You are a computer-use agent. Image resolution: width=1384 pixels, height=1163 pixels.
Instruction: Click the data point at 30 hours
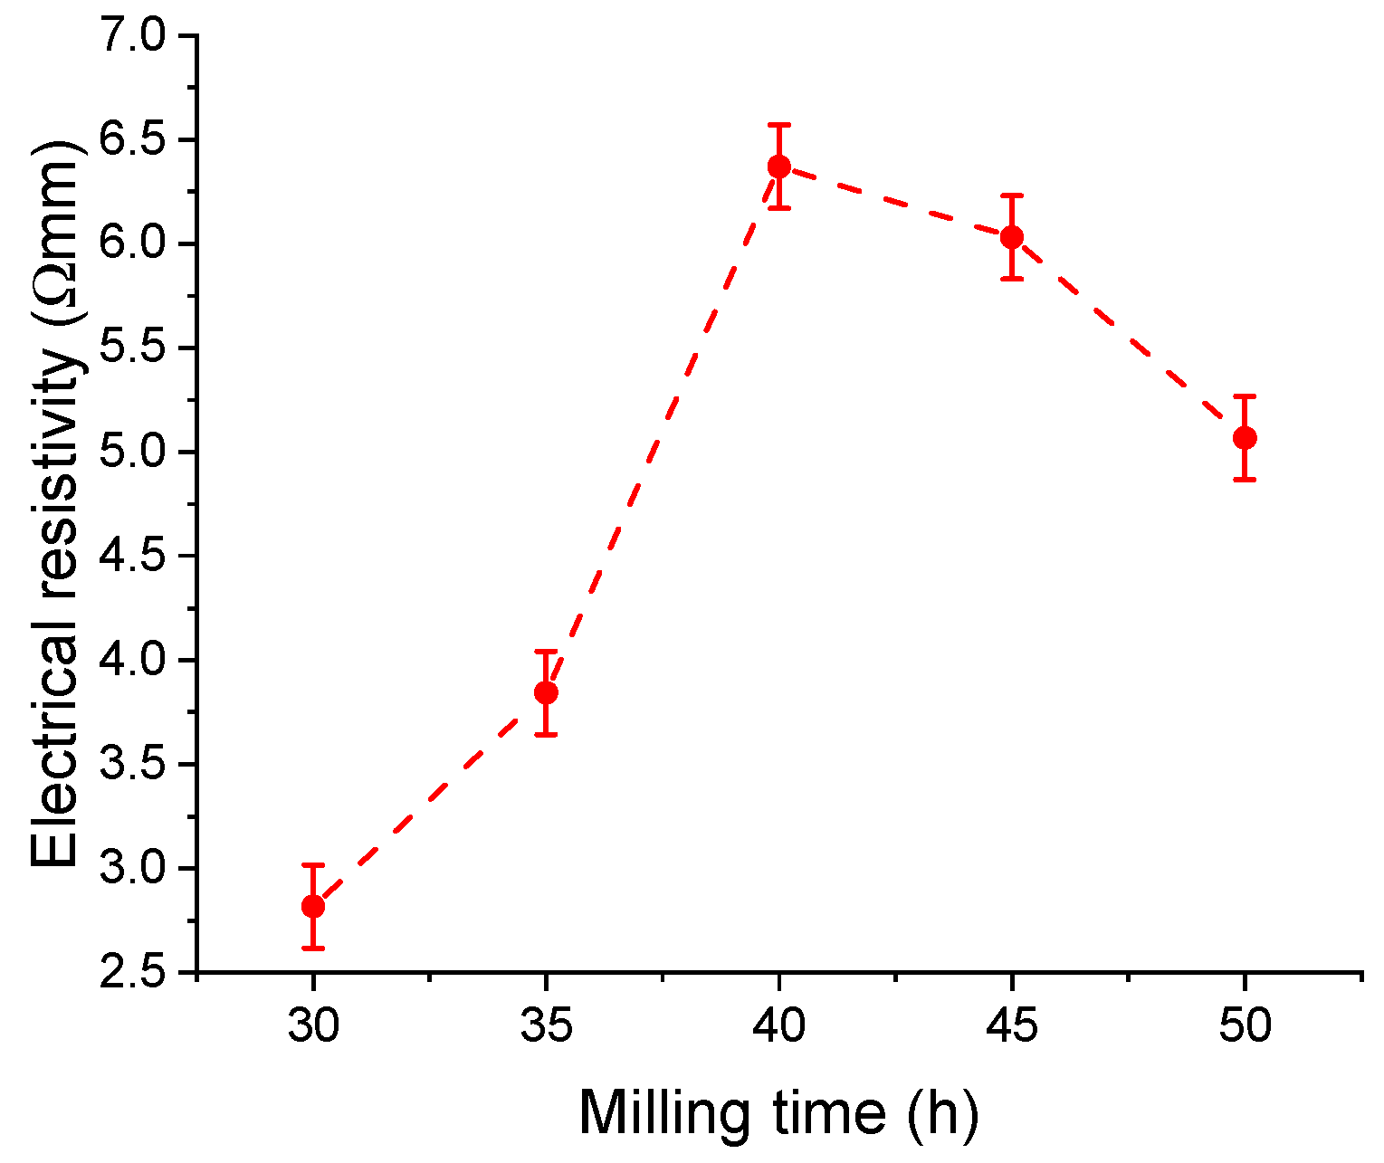(313, 906)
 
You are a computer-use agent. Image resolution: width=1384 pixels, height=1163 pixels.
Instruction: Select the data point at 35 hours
(546, 692)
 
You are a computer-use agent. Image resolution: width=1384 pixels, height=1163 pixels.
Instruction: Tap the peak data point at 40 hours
(778, 166)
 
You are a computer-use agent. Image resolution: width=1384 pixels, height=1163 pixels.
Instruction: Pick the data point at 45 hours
(1012, 237)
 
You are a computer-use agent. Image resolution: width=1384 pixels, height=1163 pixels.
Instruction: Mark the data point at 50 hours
(1245, 438)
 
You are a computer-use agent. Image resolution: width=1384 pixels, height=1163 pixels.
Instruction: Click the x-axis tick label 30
(313, 1026)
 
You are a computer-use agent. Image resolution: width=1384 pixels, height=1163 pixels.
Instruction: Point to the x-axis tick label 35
(546, 1026)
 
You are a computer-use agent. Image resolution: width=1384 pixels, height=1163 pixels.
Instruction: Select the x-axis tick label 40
(778, 1026)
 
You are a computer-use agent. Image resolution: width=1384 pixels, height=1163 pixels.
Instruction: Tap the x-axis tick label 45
(1012, 1026)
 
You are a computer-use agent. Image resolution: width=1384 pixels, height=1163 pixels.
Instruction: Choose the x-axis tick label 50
(1245, 1026)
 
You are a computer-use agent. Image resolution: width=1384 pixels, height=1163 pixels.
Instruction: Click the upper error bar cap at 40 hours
(778, 125)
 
